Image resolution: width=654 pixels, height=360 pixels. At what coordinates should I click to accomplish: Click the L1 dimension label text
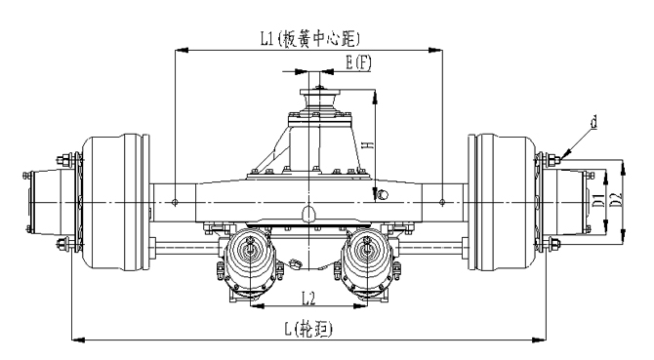(309, 39)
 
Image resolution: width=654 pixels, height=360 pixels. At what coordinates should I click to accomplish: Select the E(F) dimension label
(358, 62)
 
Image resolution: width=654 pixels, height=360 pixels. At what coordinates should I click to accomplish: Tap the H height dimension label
(368, 144)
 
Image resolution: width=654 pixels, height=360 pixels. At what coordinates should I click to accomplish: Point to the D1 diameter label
(599, 200)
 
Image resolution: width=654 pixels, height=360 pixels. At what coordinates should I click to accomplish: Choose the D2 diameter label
(616, 199)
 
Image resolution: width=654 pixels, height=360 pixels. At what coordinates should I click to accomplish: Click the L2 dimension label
(308, 298)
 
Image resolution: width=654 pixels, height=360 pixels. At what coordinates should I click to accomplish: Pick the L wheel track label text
(309, 329)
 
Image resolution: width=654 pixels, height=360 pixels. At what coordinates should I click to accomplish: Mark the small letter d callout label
(593, 122)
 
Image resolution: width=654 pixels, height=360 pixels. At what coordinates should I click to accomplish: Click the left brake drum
(115, 202)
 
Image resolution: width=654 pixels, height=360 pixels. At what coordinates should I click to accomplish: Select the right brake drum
(502, 202)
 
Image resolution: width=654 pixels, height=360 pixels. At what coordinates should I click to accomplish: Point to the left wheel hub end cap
(43, 202)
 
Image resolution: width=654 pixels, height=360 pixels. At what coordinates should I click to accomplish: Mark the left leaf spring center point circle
(175, 203)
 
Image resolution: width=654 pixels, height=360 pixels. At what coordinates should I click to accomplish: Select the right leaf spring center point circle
(442, 203)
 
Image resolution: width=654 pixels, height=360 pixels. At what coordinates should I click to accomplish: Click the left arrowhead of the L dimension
(78, 340)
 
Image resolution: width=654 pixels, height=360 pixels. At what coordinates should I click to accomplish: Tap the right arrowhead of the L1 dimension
(436, 50)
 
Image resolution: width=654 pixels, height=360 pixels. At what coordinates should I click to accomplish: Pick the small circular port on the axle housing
(382, 194)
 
